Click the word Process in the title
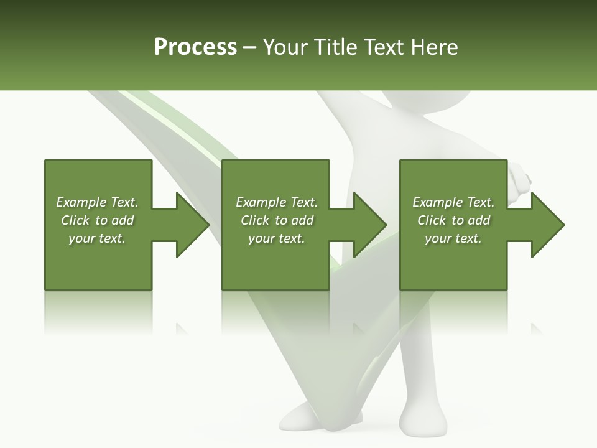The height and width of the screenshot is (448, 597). [195, 47]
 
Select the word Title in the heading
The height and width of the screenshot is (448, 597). [335, 47]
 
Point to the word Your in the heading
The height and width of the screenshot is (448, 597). [287, 47]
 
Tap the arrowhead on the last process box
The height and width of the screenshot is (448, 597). [547, 225]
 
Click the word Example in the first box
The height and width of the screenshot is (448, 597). [81, 202]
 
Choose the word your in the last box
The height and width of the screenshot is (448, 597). [438, 238]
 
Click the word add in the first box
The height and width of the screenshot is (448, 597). [123, 220]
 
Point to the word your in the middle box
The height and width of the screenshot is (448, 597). [262, 238]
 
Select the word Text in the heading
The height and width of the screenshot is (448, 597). [382, 47]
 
